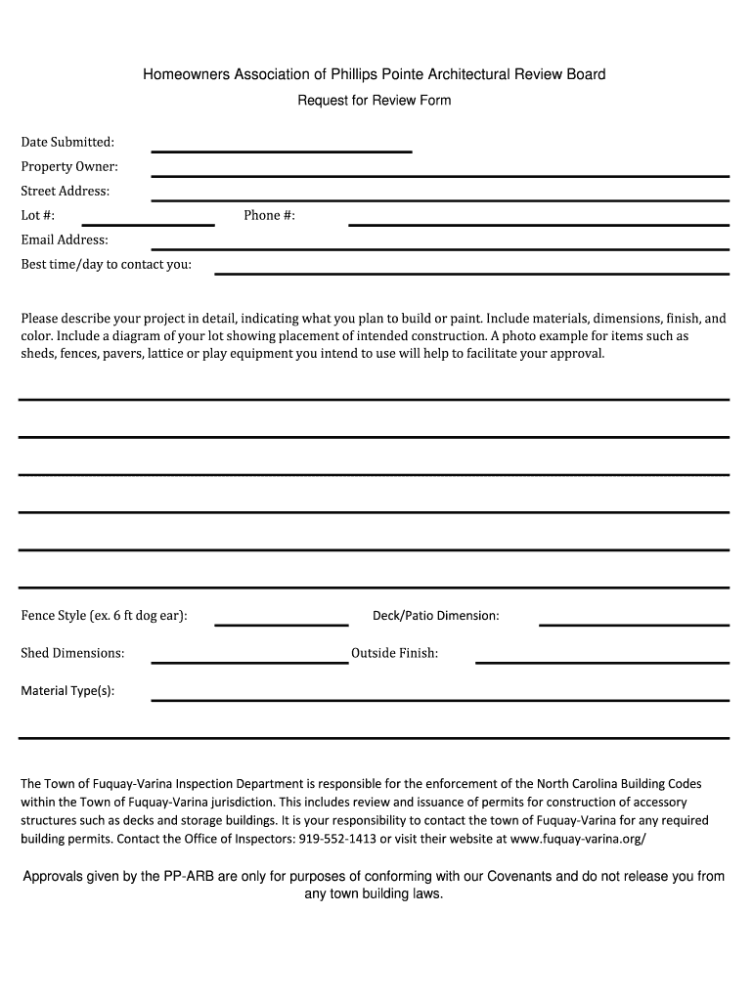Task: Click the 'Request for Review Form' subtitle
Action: tap(375, 101)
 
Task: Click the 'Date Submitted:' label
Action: tap(67, 143)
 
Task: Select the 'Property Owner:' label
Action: tap(69, 167)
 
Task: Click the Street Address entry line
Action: tap(440, 198)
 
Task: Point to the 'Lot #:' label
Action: tap(38, 215)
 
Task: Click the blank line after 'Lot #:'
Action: tap(148, 223)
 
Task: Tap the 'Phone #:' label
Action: tap(269, 215)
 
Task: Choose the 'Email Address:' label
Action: tap(65, 239)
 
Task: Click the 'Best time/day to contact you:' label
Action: tap(107, 264)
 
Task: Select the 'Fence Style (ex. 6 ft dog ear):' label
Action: tap(105, 616)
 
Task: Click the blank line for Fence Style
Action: tap(282, 623)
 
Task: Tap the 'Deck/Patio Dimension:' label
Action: tap(436, 616)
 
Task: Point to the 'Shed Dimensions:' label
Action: tap(72, 653)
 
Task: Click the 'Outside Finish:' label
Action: tap(394, 653)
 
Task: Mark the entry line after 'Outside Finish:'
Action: tap(602, 661)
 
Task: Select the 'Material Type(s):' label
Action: tap(67, 691)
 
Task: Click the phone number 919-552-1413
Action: tap(337, 839)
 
